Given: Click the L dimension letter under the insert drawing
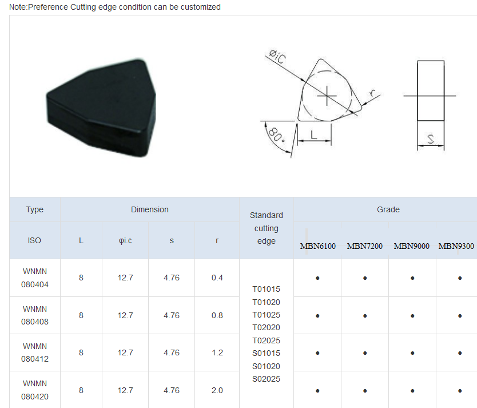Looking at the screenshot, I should (x=314, y=134).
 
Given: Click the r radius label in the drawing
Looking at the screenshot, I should (x=372, y=92).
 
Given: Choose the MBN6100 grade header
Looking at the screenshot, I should (x=317, y=246).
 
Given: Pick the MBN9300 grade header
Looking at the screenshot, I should (x=456, y=246).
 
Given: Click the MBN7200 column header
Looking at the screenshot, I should (x=365, y=246).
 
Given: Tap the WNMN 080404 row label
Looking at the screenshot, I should (x=35, y=278).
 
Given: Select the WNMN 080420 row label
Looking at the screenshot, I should (x=35, y=390).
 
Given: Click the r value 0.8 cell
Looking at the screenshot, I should (x=217, y=315).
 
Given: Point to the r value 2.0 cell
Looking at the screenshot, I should (x=217, y=390).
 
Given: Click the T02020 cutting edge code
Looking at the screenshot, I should (x=266, y=327).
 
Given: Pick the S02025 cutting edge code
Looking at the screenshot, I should (x=266, y=379).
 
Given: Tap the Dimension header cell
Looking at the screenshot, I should (x=150, y=209).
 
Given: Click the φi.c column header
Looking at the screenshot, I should (x=125, y=240).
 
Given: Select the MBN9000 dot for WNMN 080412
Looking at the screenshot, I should (x=412, y=353).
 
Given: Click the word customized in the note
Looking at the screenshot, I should (x=201, y=7).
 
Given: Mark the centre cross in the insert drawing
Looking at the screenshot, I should (x=326, y=94).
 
